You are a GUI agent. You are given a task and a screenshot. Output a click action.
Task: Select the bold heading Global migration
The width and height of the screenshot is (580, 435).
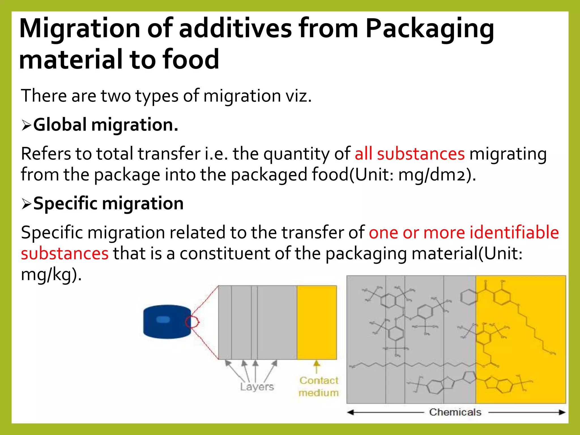coord(106,125)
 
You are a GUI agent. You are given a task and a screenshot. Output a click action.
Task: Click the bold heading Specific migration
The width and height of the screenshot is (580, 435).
coord(108,203)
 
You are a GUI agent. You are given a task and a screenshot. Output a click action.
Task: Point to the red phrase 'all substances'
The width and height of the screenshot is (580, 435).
coord(410,154)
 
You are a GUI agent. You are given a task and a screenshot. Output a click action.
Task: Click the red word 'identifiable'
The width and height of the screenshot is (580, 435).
coord(514,233)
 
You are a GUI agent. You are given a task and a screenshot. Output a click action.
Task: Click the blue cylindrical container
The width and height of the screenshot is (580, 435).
coord(167,322)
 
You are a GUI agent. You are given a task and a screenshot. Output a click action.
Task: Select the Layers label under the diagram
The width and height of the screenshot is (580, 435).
coord(257,387)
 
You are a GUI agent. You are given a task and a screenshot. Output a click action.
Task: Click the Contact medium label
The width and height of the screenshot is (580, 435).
coord(319,387)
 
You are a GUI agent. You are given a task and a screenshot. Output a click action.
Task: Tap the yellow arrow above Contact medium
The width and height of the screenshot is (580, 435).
coord(317,366)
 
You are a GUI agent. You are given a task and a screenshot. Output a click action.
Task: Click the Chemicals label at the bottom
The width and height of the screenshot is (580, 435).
coord(455,412)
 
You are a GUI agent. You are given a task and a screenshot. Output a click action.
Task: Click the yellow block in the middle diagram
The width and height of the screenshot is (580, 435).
coord(317,322)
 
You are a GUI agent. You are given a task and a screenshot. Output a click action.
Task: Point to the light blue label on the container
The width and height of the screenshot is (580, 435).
coord(163,319)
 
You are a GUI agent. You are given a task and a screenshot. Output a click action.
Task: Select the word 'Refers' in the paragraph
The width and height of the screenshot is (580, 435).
coord(46,154)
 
